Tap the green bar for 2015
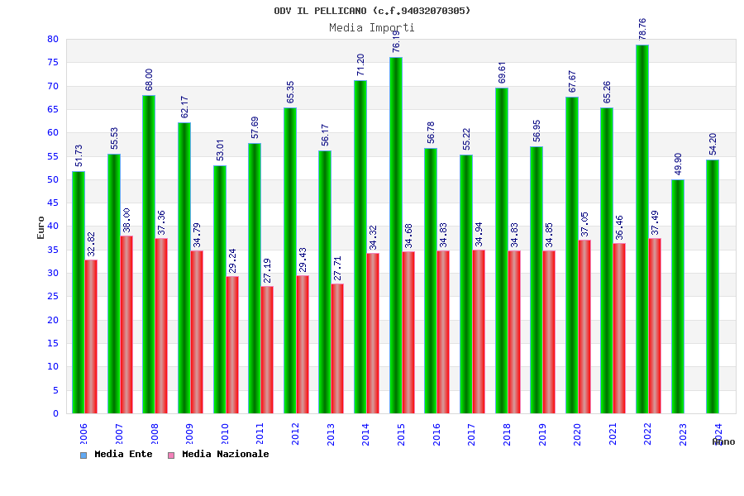pos(396,235)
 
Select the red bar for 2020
pos(584,327)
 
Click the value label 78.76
pos(643,29)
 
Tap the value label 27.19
pos(268,270)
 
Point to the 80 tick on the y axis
pos(53,39)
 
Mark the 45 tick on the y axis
pos(53,203)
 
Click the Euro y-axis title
pos(41,227)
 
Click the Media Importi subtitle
pos(372,27)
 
